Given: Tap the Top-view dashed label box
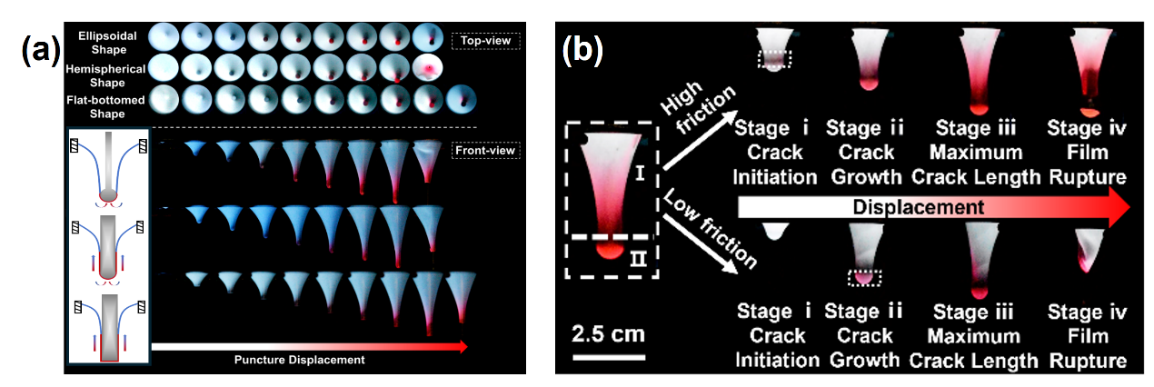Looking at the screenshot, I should tap(484, 40).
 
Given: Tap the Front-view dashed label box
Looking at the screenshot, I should tap(484, 149).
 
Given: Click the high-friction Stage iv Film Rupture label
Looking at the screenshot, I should tap(1087, 152).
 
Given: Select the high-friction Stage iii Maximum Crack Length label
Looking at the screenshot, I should tap(978, 152).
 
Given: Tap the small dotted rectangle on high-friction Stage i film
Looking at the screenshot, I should tap(775, 58).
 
